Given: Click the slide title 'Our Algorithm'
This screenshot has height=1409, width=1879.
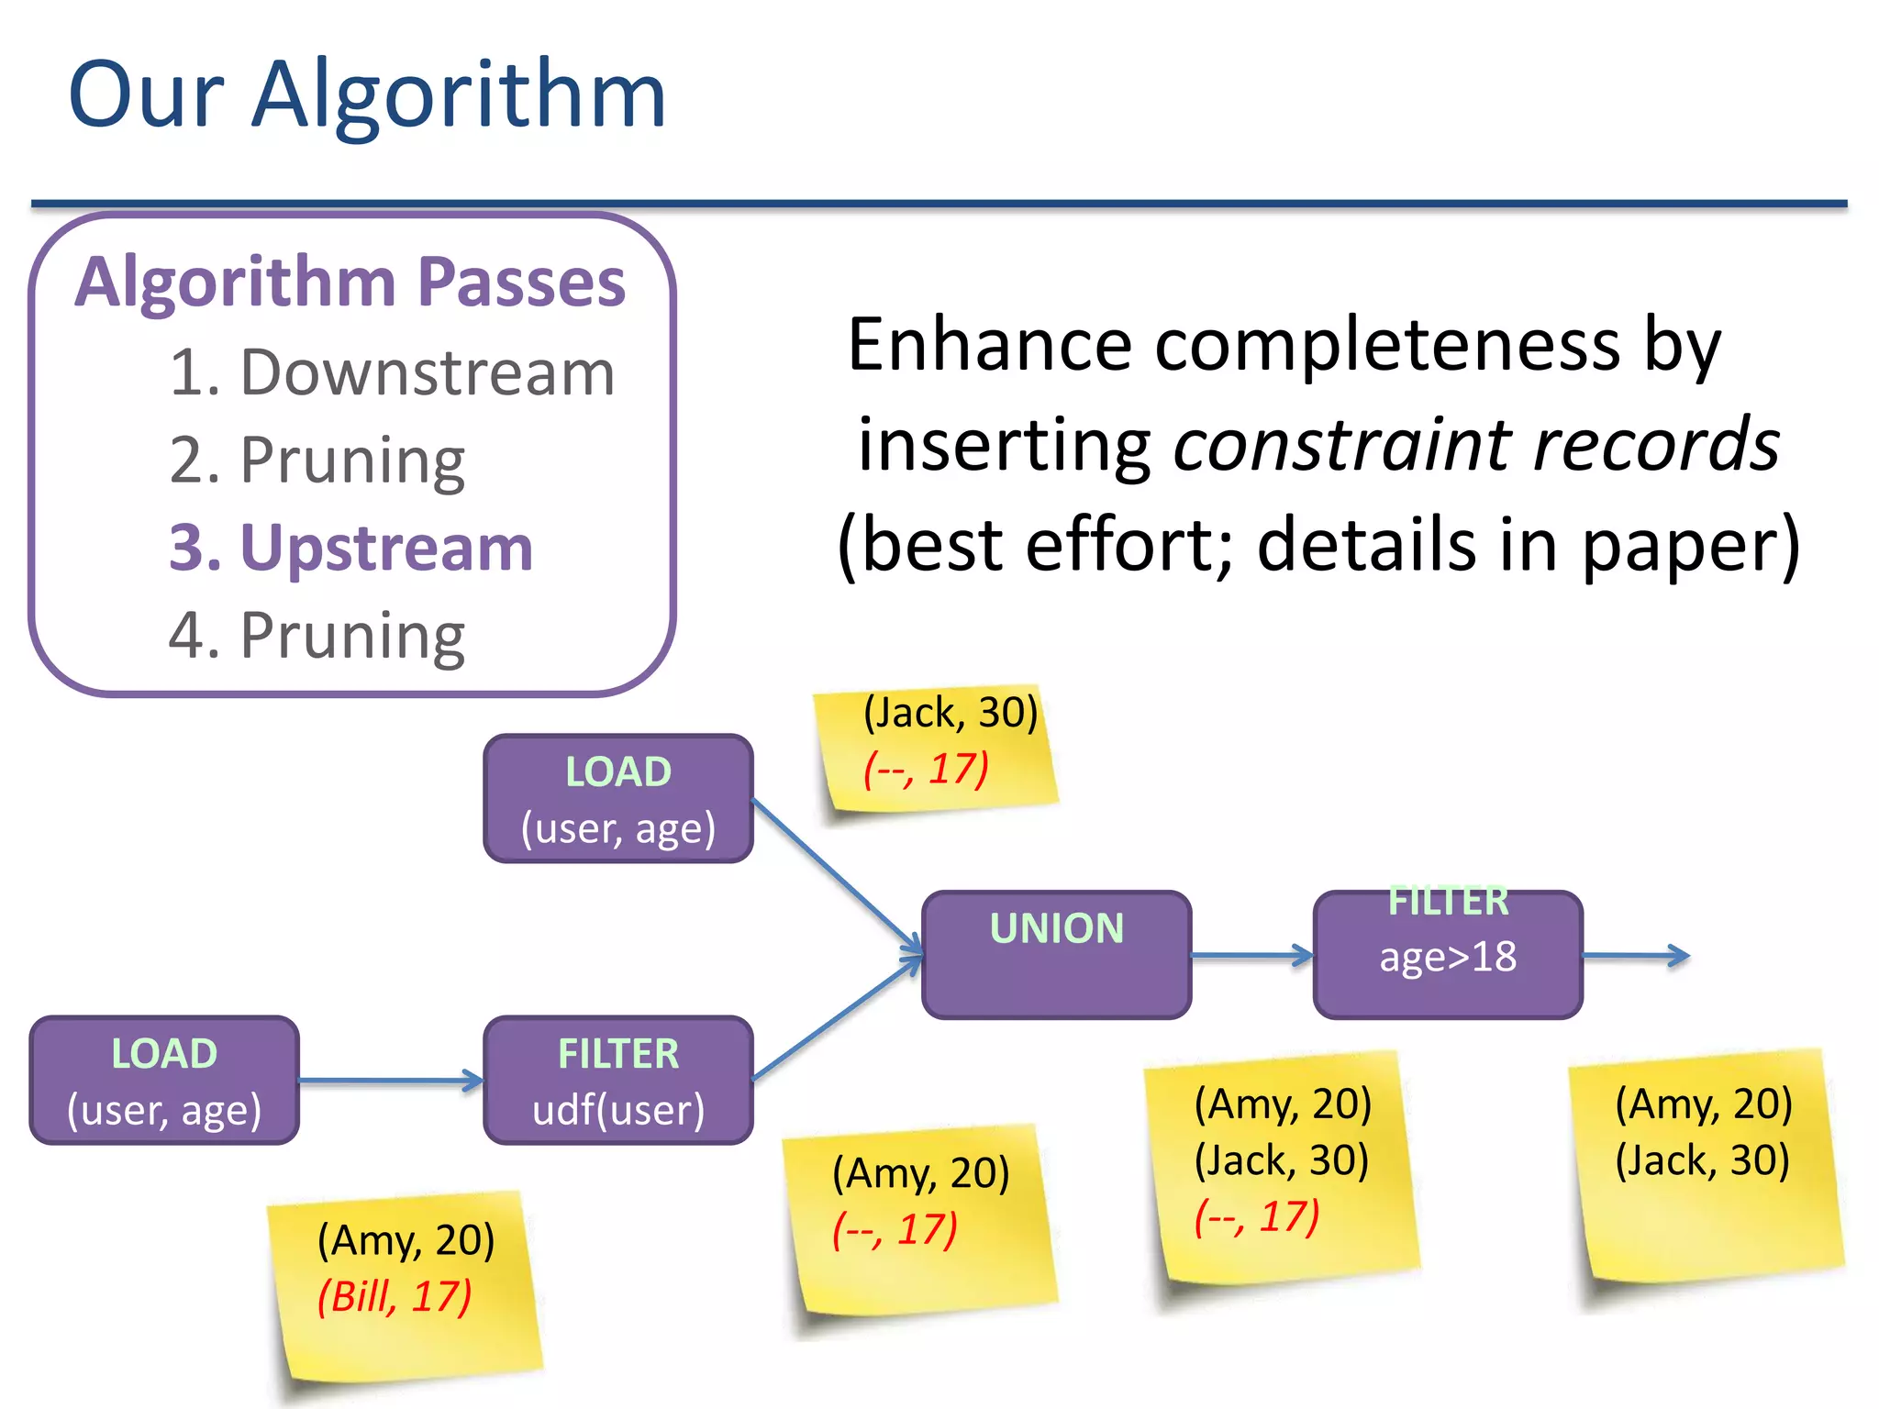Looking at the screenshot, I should click(x=367, y=94).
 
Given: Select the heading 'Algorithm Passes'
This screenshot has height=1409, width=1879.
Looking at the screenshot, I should click(x=350, y=282).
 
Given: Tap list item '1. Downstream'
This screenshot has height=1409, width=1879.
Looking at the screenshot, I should click(x=392, y=373).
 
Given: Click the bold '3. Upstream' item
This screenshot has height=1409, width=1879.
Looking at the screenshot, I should click(x=350, y=548).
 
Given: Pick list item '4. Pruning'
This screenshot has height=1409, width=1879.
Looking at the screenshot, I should click(x=317, y=635).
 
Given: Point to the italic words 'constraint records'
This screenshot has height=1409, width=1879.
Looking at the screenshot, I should click(x=1476, y=444).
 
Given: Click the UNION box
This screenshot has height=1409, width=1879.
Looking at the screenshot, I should click(x=1056, y=954).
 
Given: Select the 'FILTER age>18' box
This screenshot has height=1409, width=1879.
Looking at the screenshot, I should click(x=1448, y=954).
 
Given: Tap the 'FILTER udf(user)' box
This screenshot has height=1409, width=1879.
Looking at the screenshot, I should click(x=618, y=1081).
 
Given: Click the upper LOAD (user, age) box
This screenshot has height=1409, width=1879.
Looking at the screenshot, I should click(x=618, y=799).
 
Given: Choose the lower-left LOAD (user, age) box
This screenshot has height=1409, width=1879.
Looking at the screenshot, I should click(x=164, y=1081).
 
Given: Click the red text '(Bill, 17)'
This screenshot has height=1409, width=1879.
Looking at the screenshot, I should click(x=395, y=1297).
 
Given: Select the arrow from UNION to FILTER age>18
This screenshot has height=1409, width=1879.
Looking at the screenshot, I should click(x=1251, y=955).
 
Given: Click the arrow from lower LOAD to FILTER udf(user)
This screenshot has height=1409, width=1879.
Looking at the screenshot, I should click(x=391, y=1081).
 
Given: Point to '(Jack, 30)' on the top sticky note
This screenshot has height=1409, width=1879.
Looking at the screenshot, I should click(x=951, y=713).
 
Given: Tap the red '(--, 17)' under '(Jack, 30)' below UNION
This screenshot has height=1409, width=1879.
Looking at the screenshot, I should click(x=1257, y=1217).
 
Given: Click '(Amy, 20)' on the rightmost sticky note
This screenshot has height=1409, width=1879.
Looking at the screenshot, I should click(x=1704, y=1104).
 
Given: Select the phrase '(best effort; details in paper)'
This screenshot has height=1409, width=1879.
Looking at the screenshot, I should click(x=1319, y=545).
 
